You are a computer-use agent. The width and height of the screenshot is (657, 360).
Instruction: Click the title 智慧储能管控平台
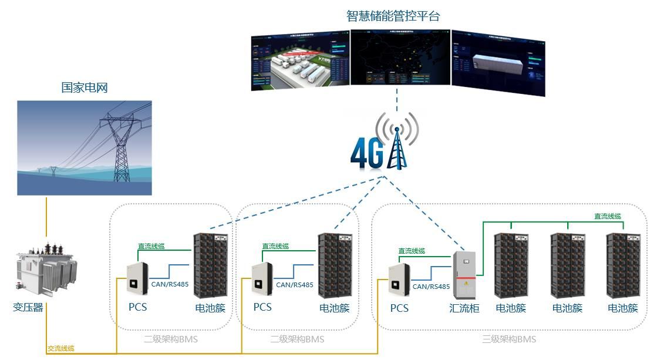coord(393,16)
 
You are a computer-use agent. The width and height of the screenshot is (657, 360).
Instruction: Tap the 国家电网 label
coord(85,88)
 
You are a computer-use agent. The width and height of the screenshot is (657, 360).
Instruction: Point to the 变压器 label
coord(28,307)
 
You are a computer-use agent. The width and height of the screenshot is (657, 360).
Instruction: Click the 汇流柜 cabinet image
coord(464,275)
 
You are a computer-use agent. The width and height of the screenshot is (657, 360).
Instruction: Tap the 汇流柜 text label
coord(464,308)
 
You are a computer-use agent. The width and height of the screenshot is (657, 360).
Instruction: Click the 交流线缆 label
coord(61,349)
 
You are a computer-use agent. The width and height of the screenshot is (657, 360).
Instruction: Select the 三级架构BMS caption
coord(509,339)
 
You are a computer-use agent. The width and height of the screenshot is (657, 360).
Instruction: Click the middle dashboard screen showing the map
coord(400,58)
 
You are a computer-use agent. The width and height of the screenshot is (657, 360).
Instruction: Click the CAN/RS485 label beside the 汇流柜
coord(431,287)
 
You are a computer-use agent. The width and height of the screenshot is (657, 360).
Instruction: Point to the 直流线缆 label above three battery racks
coord(608,217)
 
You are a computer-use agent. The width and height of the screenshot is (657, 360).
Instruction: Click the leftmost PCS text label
coord(138,307)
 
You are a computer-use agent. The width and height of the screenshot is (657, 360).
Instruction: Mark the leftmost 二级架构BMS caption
coord(171,339)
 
